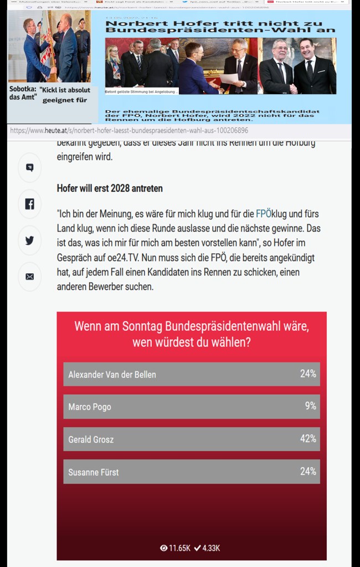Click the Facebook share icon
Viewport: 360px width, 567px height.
(29, 204)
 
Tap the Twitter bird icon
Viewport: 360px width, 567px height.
(29, 240)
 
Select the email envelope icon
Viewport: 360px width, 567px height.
(29, 277)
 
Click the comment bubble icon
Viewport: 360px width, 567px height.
(29, 167)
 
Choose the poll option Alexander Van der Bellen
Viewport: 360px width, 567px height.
(112, 375)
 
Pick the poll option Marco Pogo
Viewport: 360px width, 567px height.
(90, 407)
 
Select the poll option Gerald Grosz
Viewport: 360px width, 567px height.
(91, 439)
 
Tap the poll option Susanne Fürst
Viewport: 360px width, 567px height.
(94, 472)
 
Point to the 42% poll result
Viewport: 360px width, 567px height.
(308, 438)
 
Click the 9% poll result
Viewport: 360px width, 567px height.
(311, 406)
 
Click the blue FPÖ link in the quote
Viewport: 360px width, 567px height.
(264, 214)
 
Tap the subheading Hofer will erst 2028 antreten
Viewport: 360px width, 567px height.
(110, 188)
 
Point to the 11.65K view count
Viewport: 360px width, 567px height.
(175, 548)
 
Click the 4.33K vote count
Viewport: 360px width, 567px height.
(207, 548)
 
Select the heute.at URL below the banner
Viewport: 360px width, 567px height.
(129, 131)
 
